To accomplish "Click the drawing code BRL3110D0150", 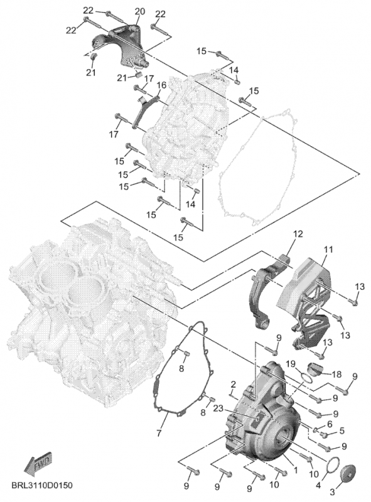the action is pyautogui.click(x=42, y=485).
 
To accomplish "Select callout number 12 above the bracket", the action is pyautogui.click(x=298, y=234).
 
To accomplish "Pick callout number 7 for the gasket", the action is pyautogui.click(x=159, y=434).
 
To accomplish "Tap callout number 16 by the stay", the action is pyautogui.click(x=162, y=85).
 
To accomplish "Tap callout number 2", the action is pyautogui.click(x=234, y=384).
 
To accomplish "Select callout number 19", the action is pyautogui.click(x=290, y=364).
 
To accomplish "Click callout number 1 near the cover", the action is pyautogui.click(x=296, y=470).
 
